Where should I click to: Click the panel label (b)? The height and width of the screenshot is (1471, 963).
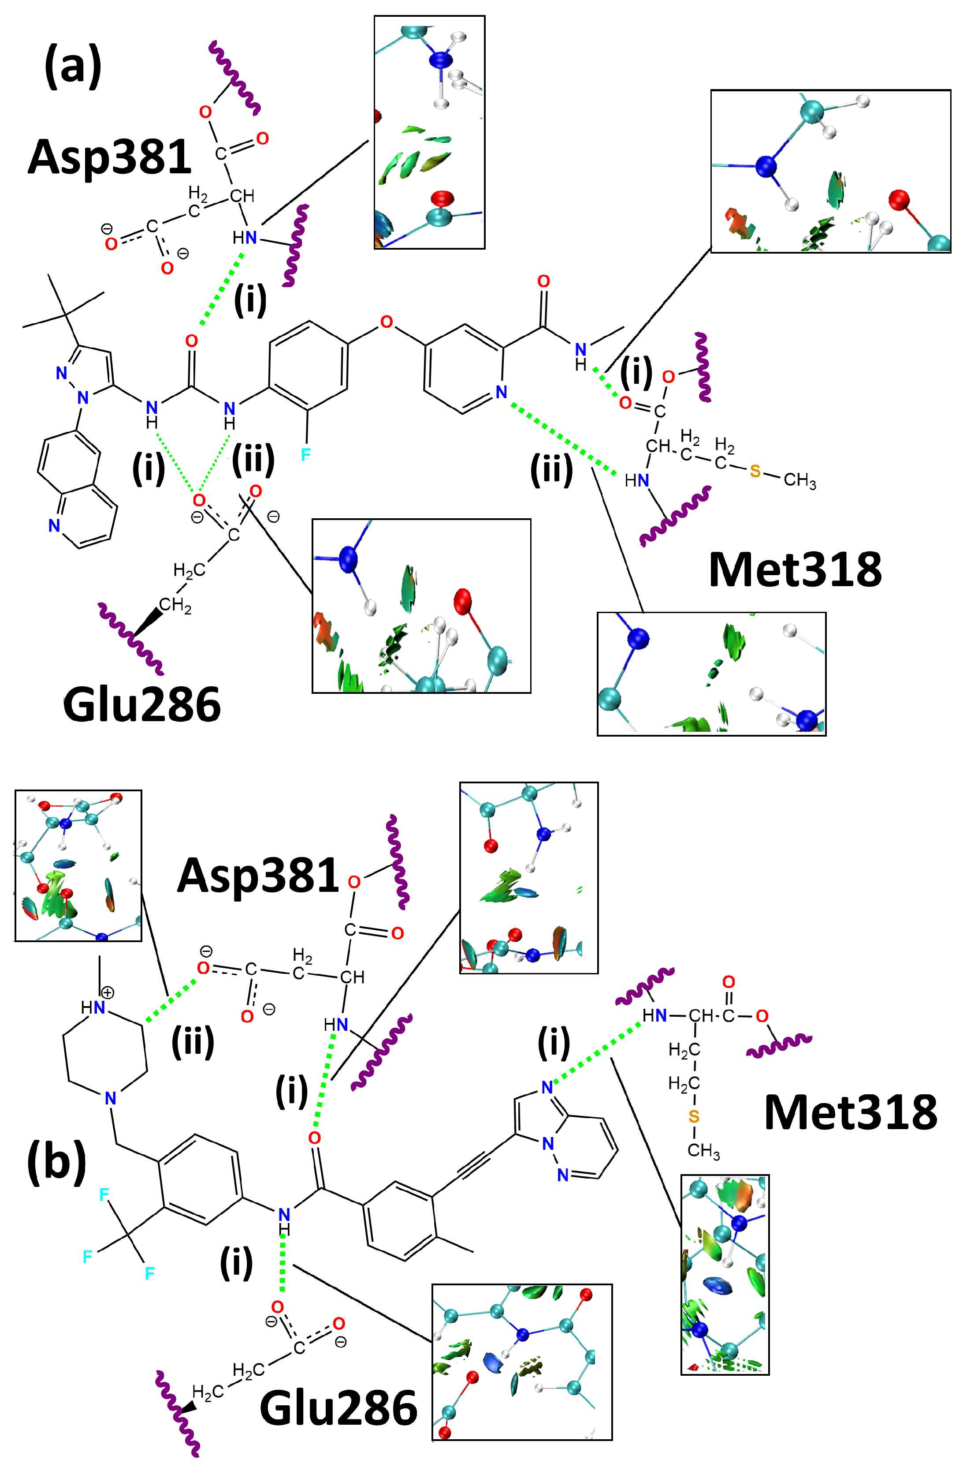pos(56,1162)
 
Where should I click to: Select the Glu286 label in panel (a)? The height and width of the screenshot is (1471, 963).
pos(141,704)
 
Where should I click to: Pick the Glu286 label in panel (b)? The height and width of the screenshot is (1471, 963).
pos(338,1408)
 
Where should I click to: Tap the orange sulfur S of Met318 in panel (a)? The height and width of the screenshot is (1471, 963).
pos(755,472)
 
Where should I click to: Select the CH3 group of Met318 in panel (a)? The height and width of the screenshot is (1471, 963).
pos(800,480)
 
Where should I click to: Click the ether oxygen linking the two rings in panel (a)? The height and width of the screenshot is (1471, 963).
pos(386,322)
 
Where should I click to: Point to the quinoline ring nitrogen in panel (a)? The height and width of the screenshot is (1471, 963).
pos(54,525)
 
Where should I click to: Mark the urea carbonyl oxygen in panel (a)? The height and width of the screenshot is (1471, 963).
pos(191,341)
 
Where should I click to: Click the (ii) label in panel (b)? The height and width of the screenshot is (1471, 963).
pos(193,1041)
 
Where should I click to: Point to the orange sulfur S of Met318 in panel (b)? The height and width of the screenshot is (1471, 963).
pos(694,1117)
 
